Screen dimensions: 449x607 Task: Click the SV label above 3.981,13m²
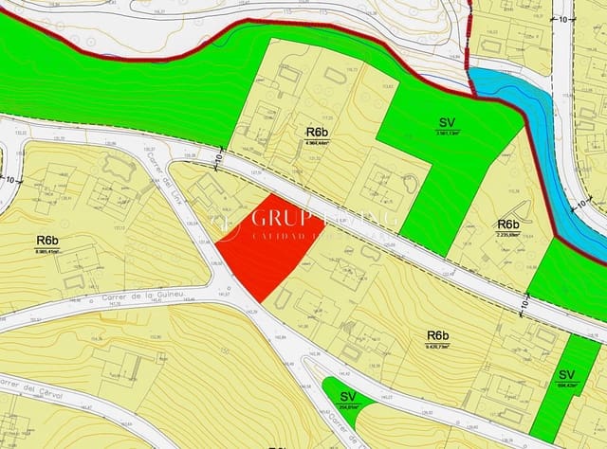[448, 123]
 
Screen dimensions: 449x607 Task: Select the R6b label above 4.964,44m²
[317, 131]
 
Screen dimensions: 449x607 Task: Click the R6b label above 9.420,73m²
[437, 335]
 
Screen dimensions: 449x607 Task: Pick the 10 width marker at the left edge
[9, 178]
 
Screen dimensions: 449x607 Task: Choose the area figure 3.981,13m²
[448, 134]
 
